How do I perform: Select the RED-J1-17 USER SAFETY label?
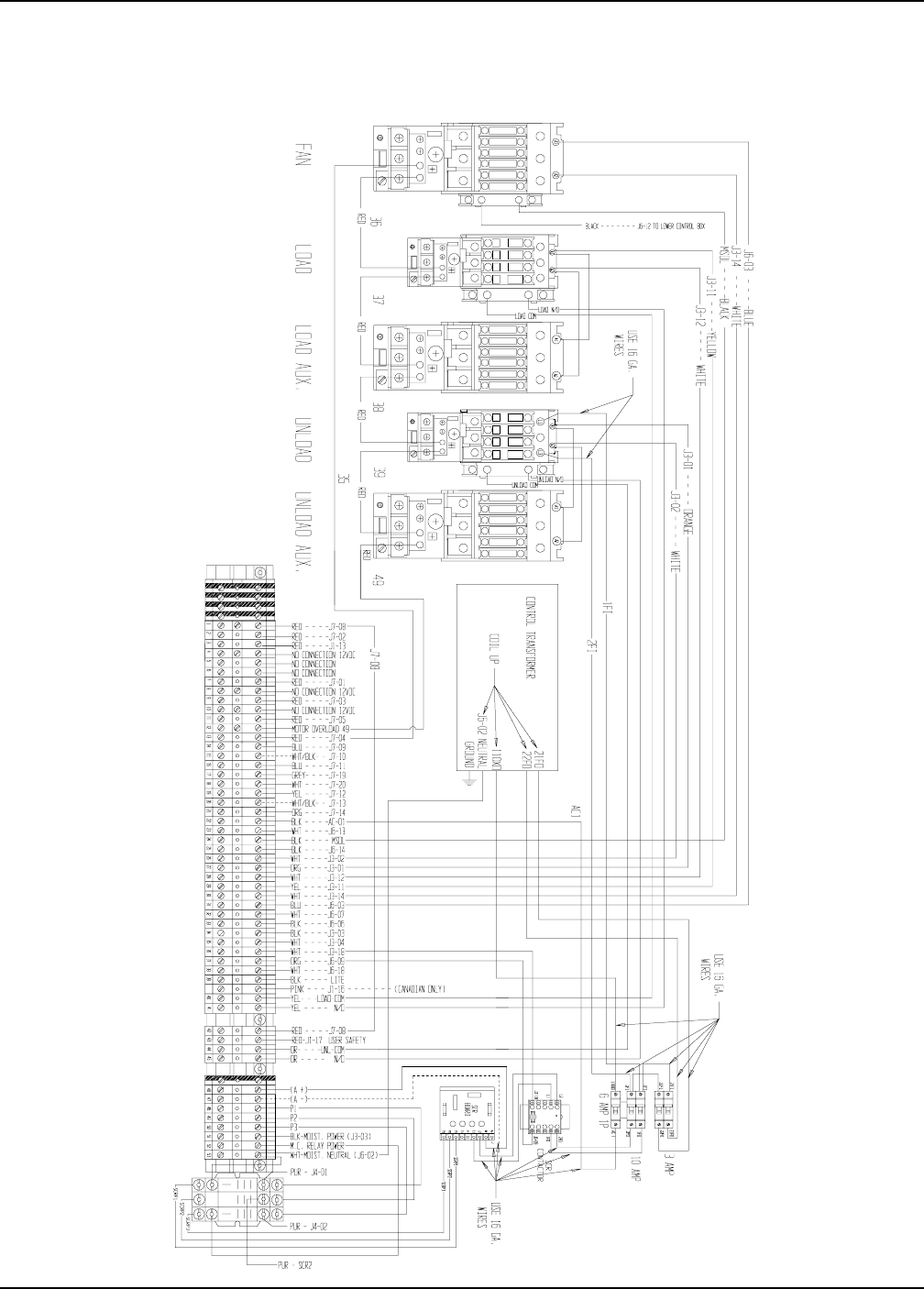click(326, 1041)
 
